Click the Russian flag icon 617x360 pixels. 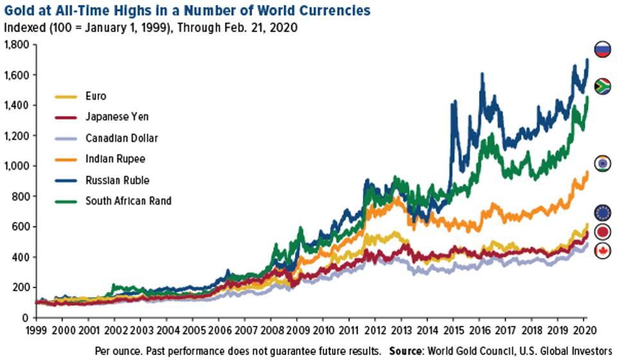pyautogui.click(x=602, y=50)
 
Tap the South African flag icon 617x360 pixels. pyautogui.click(x=602, y=87)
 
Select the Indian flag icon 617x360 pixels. pyautogui.click(x=602, y=163)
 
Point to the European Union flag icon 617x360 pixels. pyautogui.click(x=602, y=213)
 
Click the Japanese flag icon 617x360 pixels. pyautogui.click(x=602, y=231)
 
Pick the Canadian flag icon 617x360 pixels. pyautogui.click(x=602, y=251)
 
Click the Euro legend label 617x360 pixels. pyautogui.click(x=96, y=96)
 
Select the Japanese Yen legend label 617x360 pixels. pyautogui.click(x=117, y=117)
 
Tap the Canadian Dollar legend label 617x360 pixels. pyautogui.click(x=121, y=138)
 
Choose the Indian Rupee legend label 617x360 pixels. pyautogui.click(x=115, y=159)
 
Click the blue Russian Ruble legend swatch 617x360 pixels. pyautogui.click(x=66, y=181)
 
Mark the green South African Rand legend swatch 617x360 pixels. pyautogui.click(x=66, y=201)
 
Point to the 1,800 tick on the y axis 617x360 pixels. pyautogui.click(x=17, y=44)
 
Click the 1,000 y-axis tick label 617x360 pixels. pyautogui.click(x=17, y=166)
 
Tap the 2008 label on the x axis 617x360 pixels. pyautogui.click(x=271, y=330)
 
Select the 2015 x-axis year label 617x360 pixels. pyautogui.click(x=453, y=330)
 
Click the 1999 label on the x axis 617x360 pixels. pyautogui.click(x=37, y=330)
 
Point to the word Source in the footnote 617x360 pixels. pyautogui.click(x=406, y=350)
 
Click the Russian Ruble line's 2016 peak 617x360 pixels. pyautogui.click(x=481, y=73)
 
